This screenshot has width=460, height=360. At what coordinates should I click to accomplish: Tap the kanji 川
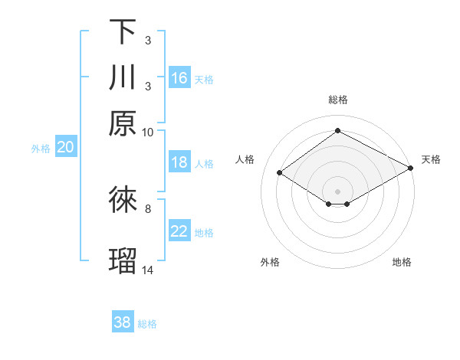coord(123,77)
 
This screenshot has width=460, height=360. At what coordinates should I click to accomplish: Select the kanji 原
coord(123,123)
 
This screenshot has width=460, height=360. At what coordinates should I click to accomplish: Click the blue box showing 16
coord(179,78)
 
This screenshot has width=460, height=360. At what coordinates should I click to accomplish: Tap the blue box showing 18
coord(179,162)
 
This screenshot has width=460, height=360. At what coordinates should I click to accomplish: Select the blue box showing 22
coord(179,231)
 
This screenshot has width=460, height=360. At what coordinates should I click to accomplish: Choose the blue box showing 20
coord(65,148)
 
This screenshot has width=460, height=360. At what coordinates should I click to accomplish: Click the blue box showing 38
coord(123,322)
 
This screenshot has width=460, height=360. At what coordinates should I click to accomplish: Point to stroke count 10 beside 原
coord(148,132)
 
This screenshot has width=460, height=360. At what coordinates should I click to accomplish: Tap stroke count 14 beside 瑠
coord(148,270)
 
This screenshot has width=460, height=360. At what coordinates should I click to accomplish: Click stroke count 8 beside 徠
coord(148,208)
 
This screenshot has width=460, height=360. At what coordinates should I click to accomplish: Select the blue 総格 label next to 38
coord(148,324)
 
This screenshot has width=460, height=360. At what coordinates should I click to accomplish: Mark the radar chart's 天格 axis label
coord(431,159)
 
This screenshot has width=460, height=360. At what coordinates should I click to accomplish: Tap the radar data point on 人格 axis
coord(280,173)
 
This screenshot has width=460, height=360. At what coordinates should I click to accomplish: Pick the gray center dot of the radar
coord(337,191)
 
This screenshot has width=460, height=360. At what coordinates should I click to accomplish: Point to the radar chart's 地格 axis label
coord(402,263)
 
